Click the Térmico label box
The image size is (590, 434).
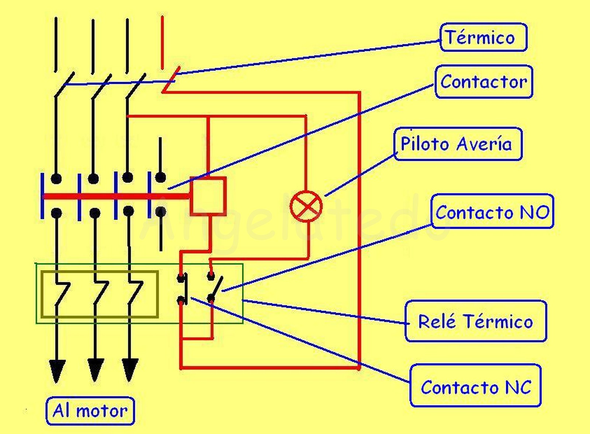[483, 37]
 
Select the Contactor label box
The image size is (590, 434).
[484, 81]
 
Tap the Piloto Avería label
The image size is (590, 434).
[458, 144]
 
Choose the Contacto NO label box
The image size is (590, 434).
[492, 212]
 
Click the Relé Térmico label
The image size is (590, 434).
[476, 321]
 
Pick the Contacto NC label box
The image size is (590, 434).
[476, 386]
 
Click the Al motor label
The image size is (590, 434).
[90, 411]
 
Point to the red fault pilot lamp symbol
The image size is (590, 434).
[306, 206]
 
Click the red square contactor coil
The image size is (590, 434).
[208, 196]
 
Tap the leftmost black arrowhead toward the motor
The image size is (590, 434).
[57, 371]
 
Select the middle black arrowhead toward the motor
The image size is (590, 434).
[95, 370]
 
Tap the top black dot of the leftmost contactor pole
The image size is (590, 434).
[56, 178]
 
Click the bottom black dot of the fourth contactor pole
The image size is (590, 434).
[160, 212]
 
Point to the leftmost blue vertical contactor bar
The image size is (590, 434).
[42, 195]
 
